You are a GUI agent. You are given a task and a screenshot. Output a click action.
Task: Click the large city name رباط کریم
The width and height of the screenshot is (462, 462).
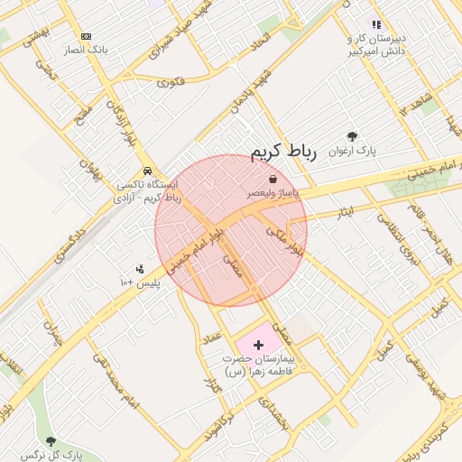click(x=283, y=152)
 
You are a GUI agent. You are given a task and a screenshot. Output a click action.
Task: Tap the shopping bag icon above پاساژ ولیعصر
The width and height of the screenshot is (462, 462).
click(x=273, y=180)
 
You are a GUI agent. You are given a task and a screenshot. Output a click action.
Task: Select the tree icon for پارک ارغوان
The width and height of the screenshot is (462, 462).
click(x=352, y=136)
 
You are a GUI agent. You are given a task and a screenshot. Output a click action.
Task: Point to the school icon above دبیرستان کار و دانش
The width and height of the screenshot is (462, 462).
click(x=376, y=24)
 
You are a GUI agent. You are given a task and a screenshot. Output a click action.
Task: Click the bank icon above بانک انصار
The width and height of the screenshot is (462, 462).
click(x=86, y=36)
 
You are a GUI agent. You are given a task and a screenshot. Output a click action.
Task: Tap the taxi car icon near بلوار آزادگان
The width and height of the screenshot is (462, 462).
click(x=146, y=171)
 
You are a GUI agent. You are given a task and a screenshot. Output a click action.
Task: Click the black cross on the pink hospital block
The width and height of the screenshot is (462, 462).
click(x=259, y=345)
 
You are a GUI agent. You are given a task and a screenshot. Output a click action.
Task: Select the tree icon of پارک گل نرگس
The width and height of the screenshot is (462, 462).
click(x=51, y=441)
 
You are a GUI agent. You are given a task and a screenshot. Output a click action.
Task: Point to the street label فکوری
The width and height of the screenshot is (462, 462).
click(x=171, y=81)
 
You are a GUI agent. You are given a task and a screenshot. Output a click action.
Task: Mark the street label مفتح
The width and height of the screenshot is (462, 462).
click(x=83, y=117)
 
